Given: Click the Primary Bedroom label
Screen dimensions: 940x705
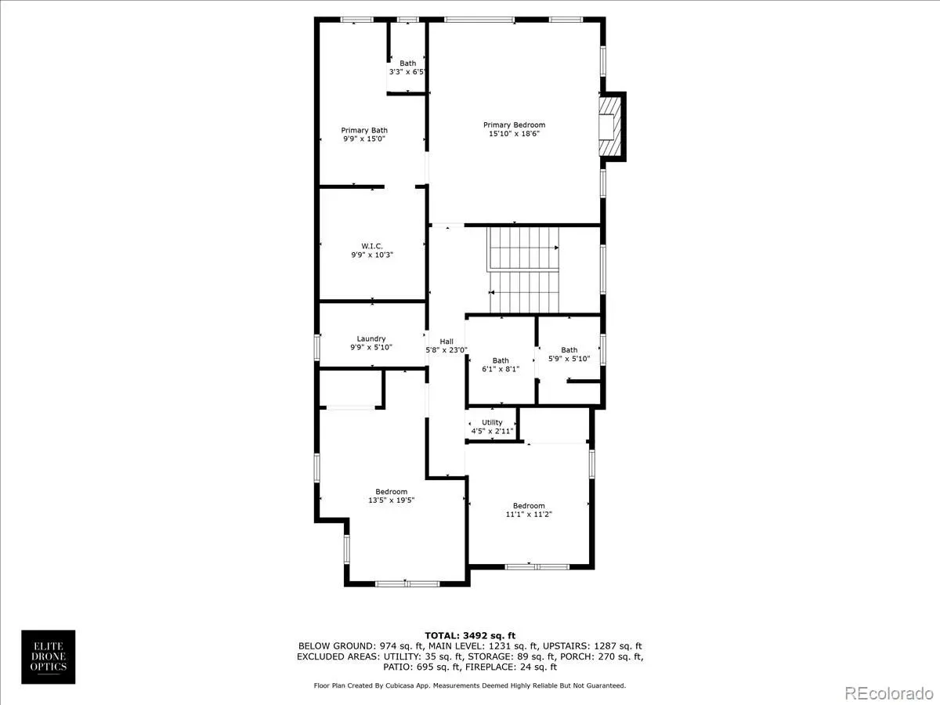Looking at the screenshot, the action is [x=514, y=125].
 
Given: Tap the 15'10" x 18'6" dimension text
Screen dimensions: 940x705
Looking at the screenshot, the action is [x=514, y=133].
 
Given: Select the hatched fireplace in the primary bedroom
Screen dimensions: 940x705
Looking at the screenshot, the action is [x=609, y=126].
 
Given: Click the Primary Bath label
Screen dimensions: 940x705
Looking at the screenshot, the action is [x=364, y=130].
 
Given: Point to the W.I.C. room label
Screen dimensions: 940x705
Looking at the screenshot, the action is [x=372, y=246].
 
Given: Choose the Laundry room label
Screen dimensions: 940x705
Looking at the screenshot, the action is [x=371, y=338].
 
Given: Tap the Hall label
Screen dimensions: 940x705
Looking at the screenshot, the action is [x=446, y=342].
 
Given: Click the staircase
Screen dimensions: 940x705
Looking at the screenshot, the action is [x=523, y=270].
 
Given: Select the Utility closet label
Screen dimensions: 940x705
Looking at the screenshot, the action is [x=492, y=422].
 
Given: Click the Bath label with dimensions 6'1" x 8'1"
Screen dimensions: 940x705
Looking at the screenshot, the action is [x=501, y=360].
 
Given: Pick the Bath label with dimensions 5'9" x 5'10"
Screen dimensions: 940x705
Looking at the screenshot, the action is [x=569, y=349].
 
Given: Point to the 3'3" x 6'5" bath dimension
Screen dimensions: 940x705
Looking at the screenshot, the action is [x=407, y=72].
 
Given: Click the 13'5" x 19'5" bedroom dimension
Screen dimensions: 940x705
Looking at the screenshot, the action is [x=391, y=500].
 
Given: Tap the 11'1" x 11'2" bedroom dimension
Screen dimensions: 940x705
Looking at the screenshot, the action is [x=529, y=514].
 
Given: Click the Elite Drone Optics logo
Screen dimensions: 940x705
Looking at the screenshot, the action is [x=49, y=656].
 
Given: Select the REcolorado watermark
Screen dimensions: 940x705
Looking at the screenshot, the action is [x=889, y=693].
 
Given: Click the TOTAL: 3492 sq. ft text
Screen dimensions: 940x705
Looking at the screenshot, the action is [x=470, y=635].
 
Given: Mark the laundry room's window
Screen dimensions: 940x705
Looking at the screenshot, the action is [x=317, y=347].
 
